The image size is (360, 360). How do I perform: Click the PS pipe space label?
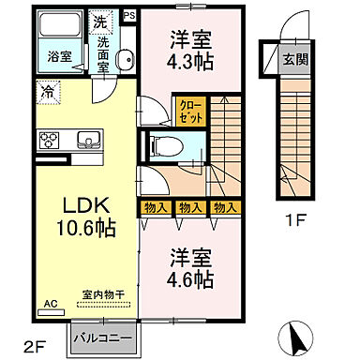[x=129, y=14]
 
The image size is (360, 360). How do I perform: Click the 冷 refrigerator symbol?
[x=46, y=92]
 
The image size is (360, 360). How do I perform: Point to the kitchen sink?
[x=91, y=142]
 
